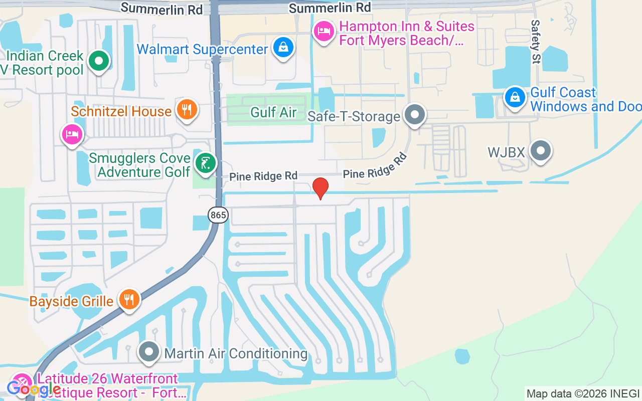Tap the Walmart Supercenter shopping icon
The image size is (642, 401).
(283, 48)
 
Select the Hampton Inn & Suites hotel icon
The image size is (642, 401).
(324, 31)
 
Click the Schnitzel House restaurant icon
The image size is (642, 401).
(187, 109)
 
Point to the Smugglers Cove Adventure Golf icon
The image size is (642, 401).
(205, 163)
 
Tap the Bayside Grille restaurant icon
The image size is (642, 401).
(129, 300)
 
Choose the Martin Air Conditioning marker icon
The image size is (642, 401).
(149, 353)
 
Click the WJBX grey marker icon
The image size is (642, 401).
(540, 150)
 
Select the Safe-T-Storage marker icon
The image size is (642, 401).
(415, 115)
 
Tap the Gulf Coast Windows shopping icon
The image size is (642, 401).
(515, 97)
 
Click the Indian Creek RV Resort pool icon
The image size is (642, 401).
(99, 62)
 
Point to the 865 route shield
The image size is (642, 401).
(218, 216)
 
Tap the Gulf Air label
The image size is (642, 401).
(273, 112)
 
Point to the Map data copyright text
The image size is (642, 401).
(583, 393)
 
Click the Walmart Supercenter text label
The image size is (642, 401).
(202, 49)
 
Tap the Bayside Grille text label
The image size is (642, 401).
(71, 301)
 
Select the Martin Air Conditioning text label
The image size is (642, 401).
(236, 353)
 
